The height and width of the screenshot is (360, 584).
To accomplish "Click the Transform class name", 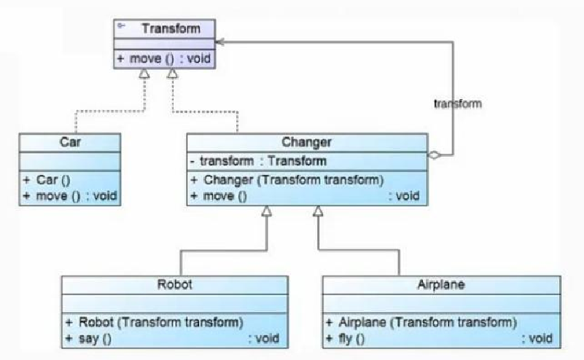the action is [x=171, y=28].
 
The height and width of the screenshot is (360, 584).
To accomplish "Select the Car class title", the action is [x=70, y=142].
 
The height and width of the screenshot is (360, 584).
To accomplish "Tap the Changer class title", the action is [x=306, y=142].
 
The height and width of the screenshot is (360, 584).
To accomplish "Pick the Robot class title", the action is [x=174, y=284].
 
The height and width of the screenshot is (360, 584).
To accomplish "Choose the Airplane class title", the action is [x=441, y=285].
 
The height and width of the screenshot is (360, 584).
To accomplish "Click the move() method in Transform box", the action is [x=164, y=58].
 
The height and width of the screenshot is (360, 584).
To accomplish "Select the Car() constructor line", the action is [x=47, y=180].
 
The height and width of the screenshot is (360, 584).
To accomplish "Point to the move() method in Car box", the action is [x=70, y=196].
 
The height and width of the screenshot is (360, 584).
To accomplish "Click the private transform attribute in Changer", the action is [x=258, y=161].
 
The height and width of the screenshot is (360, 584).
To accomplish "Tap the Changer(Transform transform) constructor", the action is [x=287, y=180].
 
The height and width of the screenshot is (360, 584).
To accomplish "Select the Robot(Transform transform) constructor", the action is [x=154, y=322].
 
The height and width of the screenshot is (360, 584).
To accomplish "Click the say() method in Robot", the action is [x=172, y=338].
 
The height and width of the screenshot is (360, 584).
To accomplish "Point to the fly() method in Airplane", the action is [x=439, y=338].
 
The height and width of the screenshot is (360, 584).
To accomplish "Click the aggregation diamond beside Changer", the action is [x=435, y=155].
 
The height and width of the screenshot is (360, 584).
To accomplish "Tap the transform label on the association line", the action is [x=458, y=103].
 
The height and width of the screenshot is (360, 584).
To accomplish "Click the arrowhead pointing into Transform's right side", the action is [x=219, y=42].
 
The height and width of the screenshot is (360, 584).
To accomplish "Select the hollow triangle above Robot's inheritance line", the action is [x=266, y=211].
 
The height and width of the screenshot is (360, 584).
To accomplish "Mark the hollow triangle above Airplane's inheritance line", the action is [x=318, y=211].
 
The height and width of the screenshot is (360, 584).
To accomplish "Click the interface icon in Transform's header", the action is [x=121, y=26].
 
